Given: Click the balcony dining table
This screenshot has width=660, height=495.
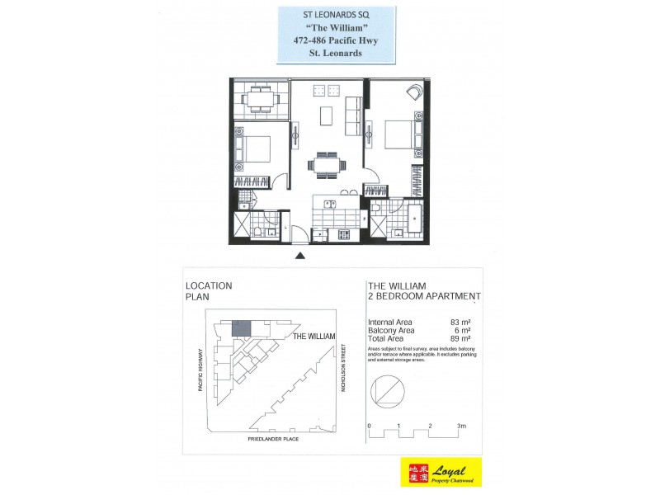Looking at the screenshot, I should [257, 101].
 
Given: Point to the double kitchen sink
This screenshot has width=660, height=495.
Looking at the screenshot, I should [329, 203].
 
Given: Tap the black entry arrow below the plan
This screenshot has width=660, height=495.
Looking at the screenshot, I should [300, 257].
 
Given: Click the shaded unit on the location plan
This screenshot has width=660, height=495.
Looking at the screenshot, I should [241, 328].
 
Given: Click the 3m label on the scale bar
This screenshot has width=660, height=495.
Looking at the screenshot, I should [462, 426].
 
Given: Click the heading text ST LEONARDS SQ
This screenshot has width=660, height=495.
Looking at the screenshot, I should [336, 14].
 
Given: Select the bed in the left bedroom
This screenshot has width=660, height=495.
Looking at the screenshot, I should [254, 148].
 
